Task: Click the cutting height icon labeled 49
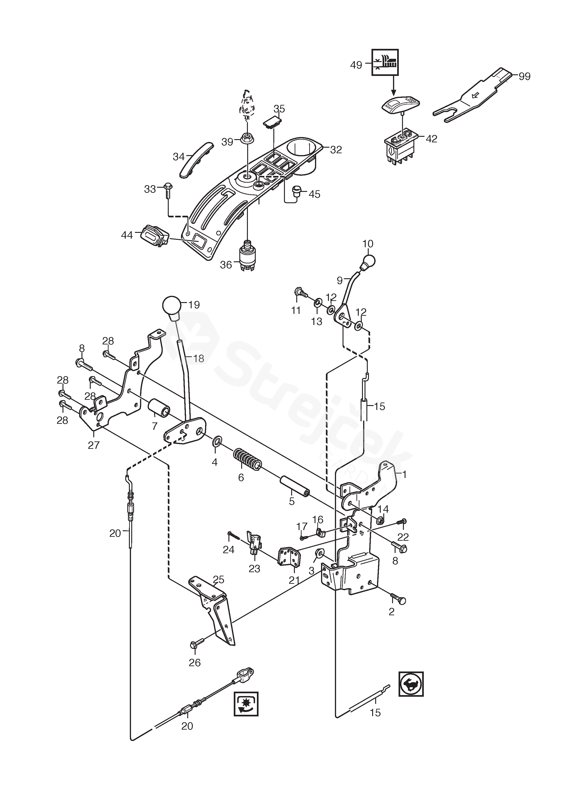(385, 62)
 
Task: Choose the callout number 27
(94, 445)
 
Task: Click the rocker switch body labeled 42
(401, 147)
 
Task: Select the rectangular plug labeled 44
(155, 235)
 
